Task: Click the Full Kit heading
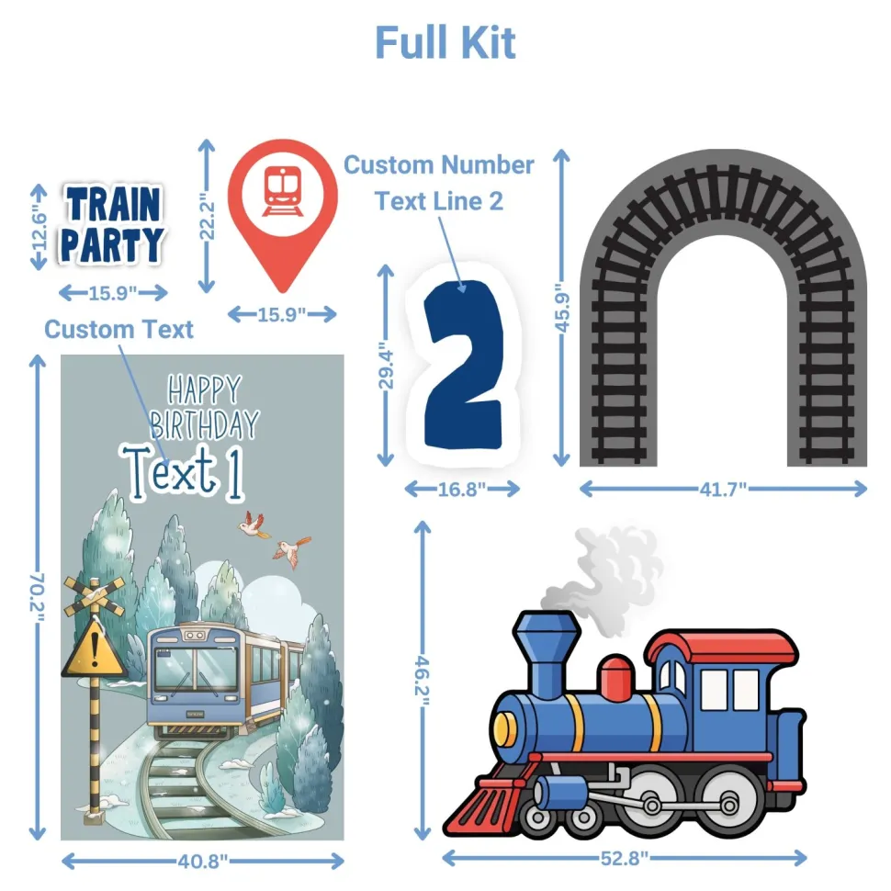click(445, 42)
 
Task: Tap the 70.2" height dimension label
click(37, 596)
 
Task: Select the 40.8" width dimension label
click(203, 862)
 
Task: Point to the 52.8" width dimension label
click(624, 858)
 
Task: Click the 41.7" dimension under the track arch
click(723, 489)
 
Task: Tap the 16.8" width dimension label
click(462, 489)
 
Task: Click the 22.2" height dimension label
click(207, 216)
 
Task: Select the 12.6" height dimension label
click(39, 226)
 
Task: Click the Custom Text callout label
click(118, 330)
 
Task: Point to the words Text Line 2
click(439, 201)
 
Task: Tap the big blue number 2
click(464, 365)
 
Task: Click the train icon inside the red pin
click(282, 191)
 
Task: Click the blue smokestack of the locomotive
click(546, 653)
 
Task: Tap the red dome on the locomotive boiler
click(617, 679)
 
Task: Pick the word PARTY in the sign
click(112, 245)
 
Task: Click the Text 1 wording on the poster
click(183, 473)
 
